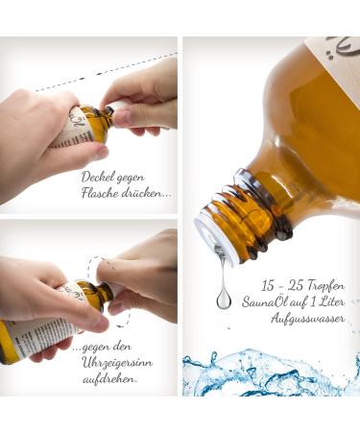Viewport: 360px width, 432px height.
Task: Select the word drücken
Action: click(148, 193)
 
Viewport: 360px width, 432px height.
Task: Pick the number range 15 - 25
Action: click(275, 286)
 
